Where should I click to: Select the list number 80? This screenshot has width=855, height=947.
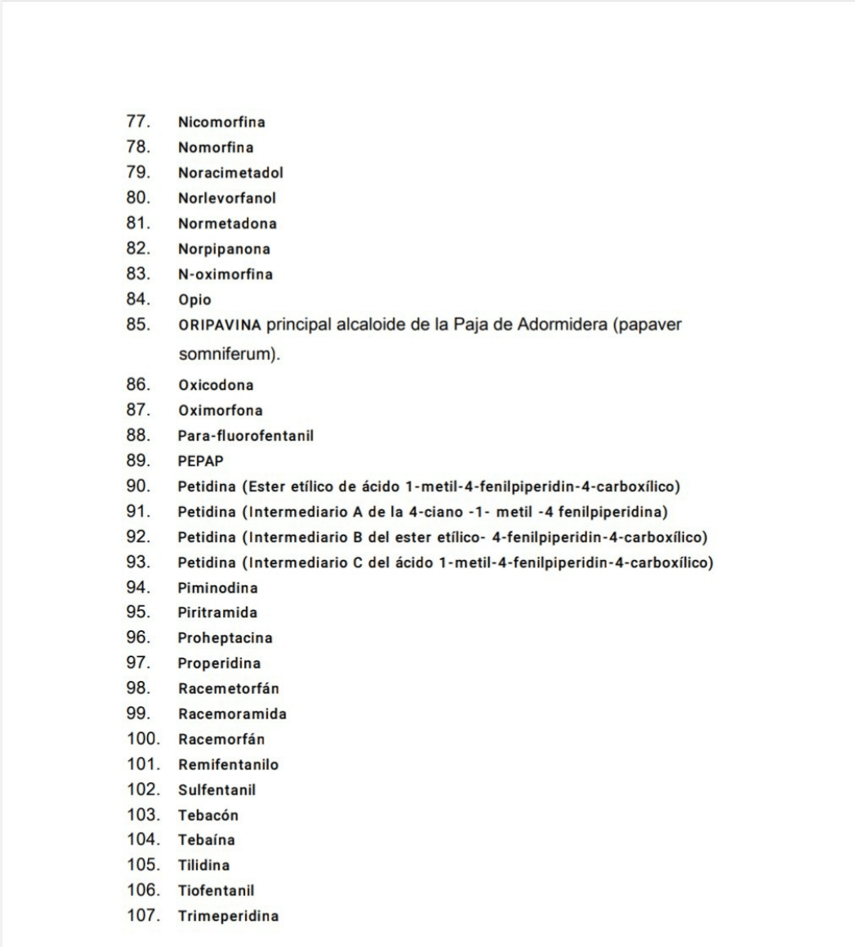pyautogui.click(x=138, y=198)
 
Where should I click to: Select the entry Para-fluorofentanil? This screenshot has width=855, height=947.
pyautogui.click(x=246, y=436)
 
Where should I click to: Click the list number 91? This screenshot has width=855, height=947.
pyautogui.click(x=138, y=512)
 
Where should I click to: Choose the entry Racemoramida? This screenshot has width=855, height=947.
pyautogui.click(x=232, y=714)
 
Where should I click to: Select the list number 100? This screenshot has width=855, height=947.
pyautogui.click(x=142, y=739)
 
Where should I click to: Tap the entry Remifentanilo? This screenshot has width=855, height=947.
pyautogui.click(x=229, y=765)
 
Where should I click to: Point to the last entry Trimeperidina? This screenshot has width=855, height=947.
pyautogui.click(x=228, y=916)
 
